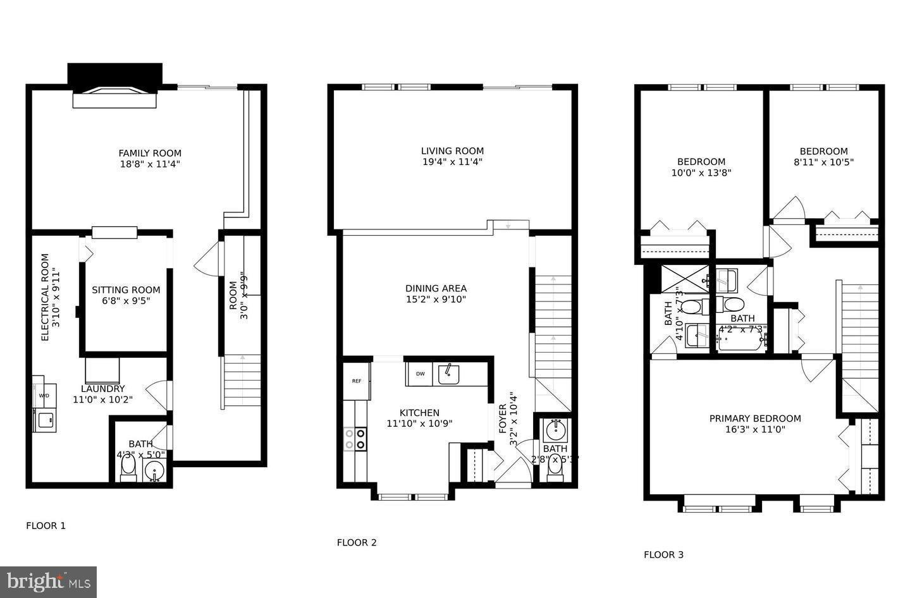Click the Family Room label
[x=150, y=153]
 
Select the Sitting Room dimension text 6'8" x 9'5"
[x=126, y=301]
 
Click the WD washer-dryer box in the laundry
[x=44, y=396]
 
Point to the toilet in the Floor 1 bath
[x=128, y=468]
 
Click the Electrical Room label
[x=45, y=297]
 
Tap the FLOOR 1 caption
[x=46, y=525]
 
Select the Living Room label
[x=452, y=150]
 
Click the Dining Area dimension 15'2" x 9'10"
[x=436, y=300]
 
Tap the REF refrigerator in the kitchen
[x=357, y=381]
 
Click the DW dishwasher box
[x=420, y=374]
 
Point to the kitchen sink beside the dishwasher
[x=449, y=374]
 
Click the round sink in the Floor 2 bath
[x=555, y=430]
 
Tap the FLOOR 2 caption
[x=357, y=542]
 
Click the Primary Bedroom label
[x=754, y=418]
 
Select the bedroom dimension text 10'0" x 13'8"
[x=701, y=172]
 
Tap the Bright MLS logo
[x=48, y=582]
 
